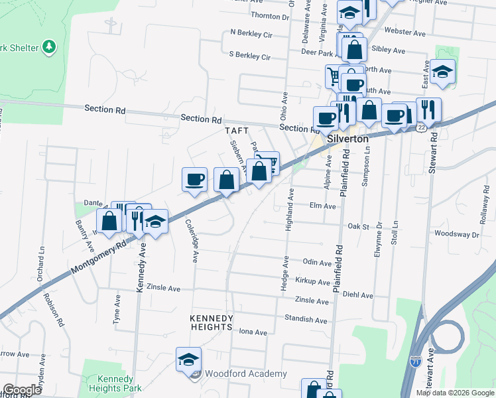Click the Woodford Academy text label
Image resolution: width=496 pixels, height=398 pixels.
[245, 374]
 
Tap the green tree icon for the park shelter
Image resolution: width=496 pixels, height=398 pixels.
[48, 46]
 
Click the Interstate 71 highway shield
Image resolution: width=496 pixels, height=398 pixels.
[414, 362]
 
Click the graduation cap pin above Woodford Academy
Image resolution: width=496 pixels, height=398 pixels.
[188, 360]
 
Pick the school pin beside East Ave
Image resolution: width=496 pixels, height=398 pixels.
[442, 72]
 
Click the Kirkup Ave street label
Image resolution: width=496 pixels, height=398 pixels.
[313, 283]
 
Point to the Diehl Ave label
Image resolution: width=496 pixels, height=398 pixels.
[358, 296]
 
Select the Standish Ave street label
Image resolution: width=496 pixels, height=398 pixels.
[306, 320]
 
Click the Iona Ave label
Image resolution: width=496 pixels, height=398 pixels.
[253, 332]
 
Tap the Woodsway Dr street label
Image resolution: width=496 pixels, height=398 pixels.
[456, 234]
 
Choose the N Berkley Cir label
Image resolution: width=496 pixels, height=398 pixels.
[251, 32]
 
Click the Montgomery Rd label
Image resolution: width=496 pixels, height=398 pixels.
[99, 258]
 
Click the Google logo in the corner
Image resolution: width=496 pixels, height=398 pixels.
[22, 390]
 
